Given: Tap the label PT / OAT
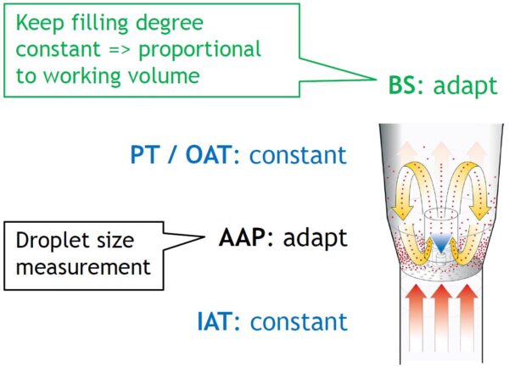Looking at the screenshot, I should pyautogui.click(x=174, y=155).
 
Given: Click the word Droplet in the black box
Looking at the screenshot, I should pyautogui.click(x=48, y=241).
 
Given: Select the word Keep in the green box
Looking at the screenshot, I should pyautogui.click(x=37, y=19).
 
